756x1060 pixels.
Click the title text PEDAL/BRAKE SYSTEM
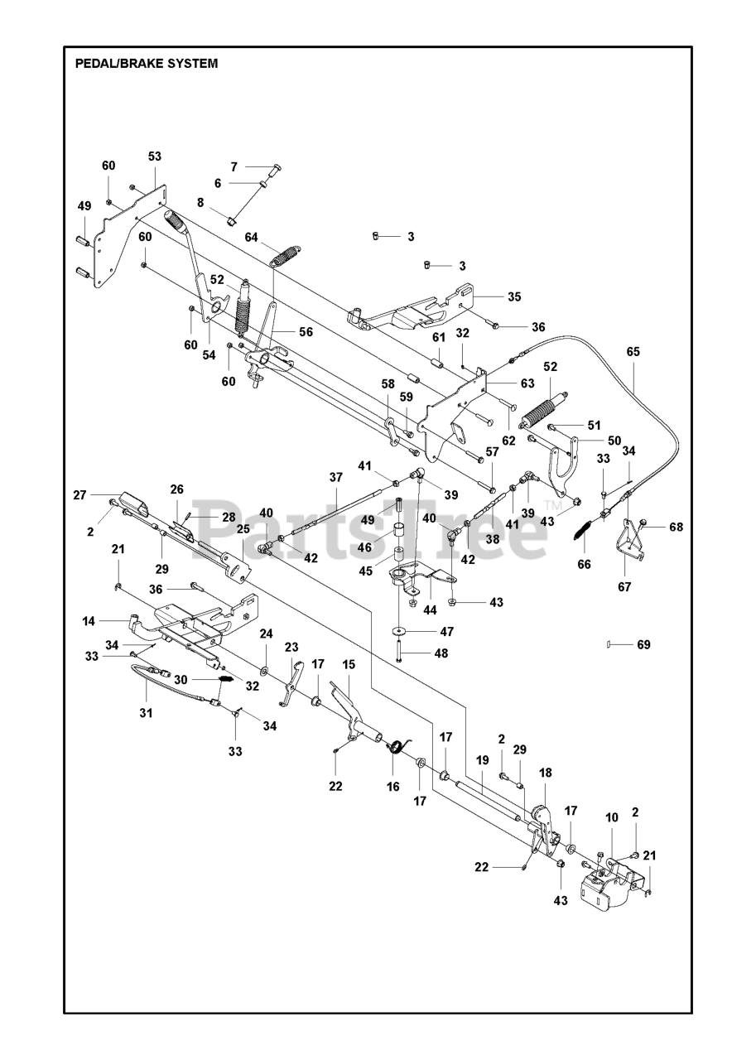pos(147,64)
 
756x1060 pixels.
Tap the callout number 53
pos(155,157)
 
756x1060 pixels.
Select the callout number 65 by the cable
pos(633,352)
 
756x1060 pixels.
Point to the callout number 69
pos(644,644)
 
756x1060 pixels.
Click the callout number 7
pos(234,166)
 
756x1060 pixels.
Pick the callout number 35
pos(514,296)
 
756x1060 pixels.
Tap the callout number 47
pos(447,631)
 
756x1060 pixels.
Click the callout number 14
pos(89,621)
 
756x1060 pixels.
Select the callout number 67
pos(624,587)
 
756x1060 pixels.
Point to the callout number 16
pos(393,787)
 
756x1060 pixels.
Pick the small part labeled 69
pos(608,643)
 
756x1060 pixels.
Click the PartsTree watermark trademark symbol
pos(550,503)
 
